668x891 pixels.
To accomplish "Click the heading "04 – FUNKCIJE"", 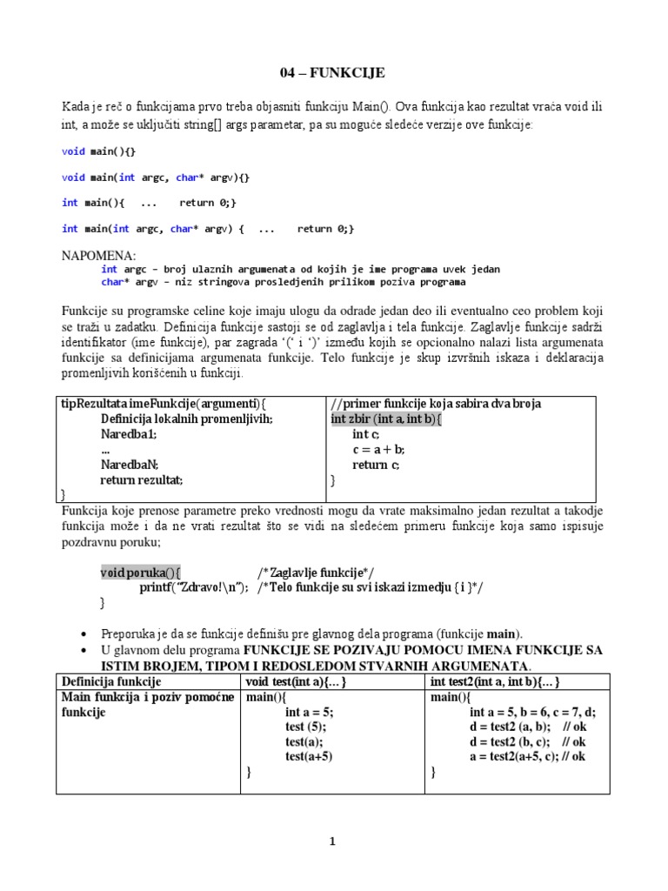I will tap(333, 72).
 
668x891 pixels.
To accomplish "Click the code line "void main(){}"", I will tap(98, 151).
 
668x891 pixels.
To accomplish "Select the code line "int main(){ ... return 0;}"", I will tap(149, 203).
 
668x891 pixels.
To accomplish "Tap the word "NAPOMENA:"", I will tap(99, 256).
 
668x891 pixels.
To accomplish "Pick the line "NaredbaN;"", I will tap(130, 465).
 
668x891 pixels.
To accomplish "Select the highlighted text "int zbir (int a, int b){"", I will tap(386, 419).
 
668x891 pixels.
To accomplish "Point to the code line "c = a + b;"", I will tap(378, 450).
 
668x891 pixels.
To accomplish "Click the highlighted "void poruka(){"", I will tap(140, 572).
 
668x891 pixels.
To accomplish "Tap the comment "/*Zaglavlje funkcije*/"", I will tap(316, 572).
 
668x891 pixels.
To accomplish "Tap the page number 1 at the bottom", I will tap(333, 841).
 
